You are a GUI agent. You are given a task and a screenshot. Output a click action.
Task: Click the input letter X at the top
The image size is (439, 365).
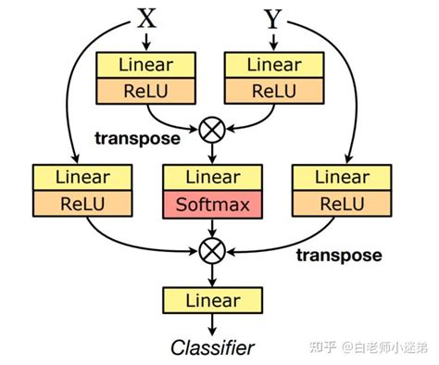tap(147, 16)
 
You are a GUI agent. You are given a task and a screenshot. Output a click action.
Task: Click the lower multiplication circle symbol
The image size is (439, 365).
tap(214, 249)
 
